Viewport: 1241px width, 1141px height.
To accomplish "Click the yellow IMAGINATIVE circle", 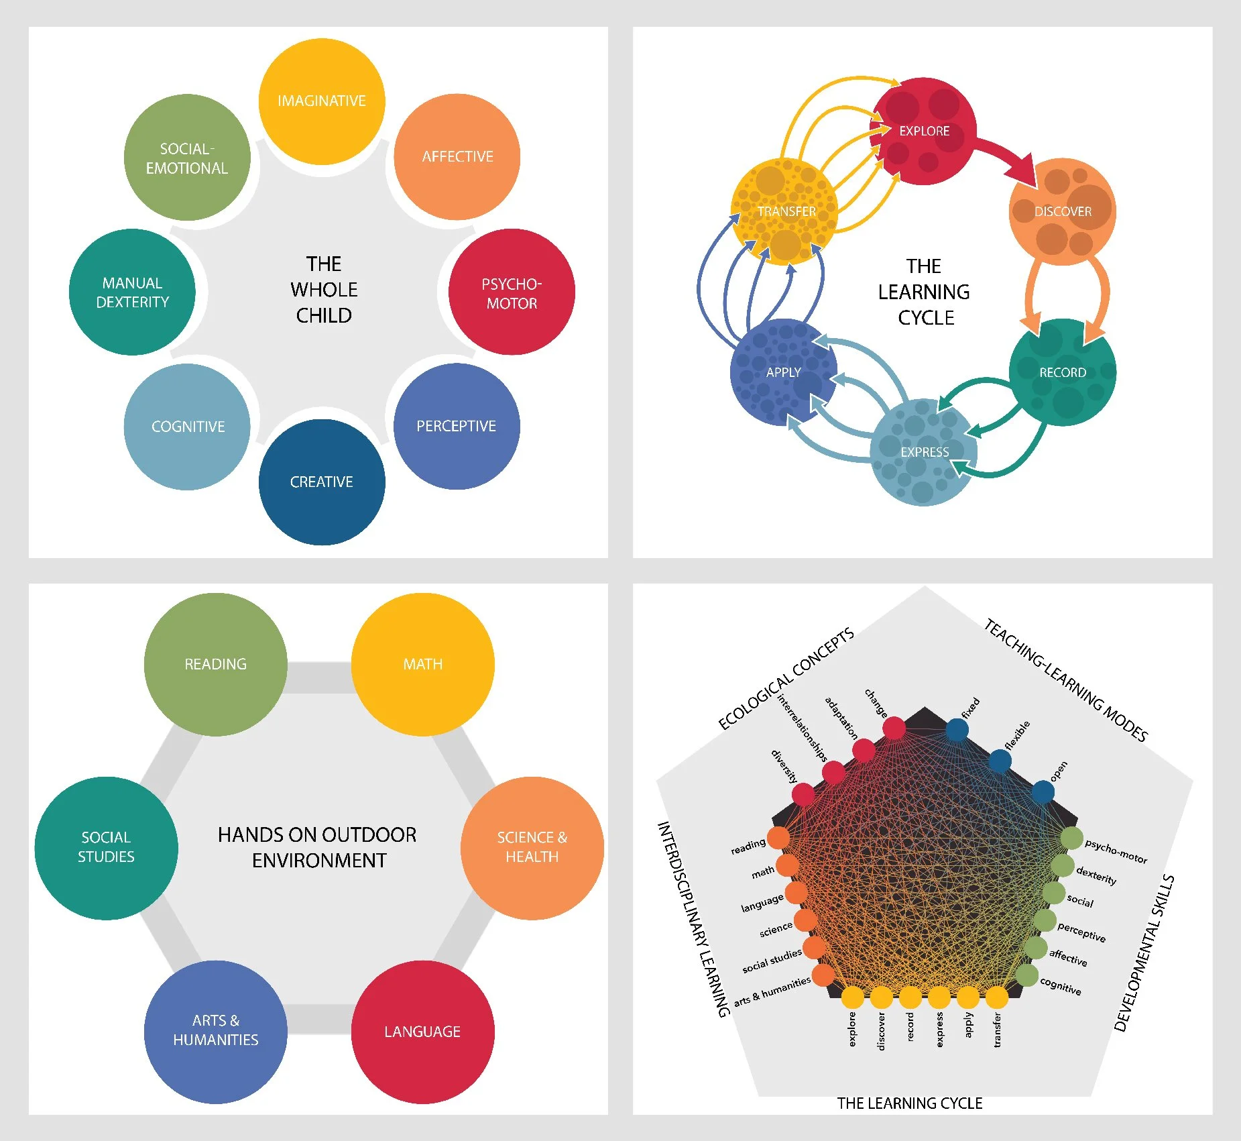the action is [322, 101].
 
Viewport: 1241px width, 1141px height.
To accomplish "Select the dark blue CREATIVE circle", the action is [322, 482].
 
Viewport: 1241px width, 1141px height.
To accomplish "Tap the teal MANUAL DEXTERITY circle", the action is [132, 292].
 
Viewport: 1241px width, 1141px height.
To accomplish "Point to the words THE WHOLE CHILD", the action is [324, 290].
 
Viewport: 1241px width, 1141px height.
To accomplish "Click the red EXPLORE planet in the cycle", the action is [923, 131].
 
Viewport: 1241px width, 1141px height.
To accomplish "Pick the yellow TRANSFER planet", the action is [784, 211].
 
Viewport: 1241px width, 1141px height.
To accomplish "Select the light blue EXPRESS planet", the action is [924, 452].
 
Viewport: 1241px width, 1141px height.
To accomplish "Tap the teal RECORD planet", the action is [1062, 372].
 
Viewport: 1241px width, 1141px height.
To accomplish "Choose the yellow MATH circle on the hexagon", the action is [422, 664].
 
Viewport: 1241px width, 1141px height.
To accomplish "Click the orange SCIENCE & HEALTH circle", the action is [532, 847].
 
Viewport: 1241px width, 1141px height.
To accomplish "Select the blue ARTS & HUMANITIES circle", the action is [215, 1031].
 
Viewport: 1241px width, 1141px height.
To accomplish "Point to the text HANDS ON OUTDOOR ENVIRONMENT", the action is [318, 847].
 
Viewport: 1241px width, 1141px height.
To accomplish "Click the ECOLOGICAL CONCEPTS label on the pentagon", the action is [786, 679].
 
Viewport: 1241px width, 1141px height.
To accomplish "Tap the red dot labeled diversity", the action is [803, 795].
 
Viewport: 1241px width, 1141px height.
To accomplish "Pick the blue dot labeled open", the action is [1043, 792].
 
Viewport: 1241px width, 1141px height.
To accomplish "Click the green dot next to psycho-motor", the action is [1071, 838].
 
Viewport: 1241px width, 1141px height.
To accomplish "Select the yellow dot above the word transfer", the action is [997, 997].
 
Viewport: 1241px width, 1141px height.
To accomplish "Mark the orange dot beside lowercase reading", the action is [778, 837].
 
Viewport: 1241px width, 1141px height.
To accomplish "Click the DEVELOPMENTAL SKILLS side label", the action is [1144, 953].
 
